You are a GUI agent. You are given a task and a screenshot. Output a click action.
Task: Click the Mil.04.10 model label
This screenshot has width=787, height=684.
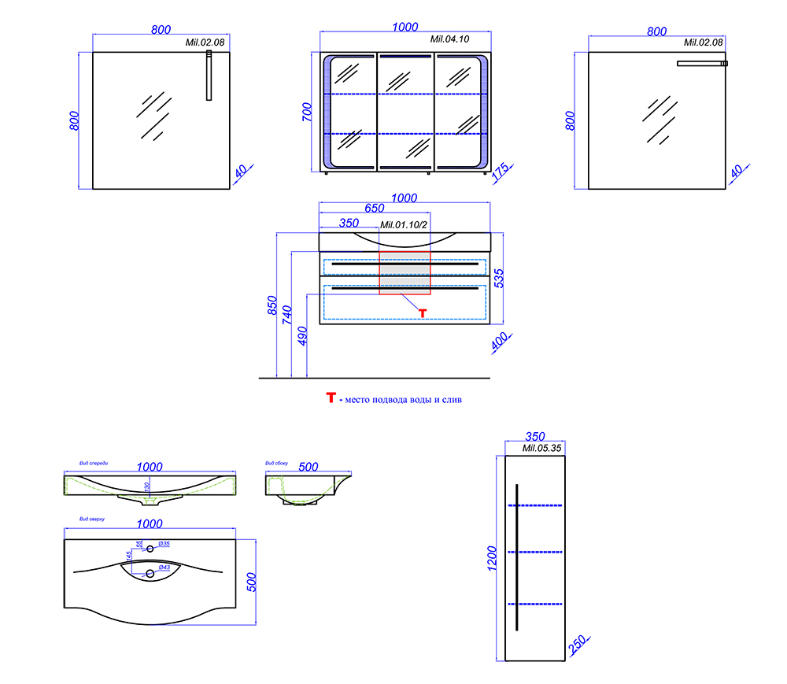(449, 39)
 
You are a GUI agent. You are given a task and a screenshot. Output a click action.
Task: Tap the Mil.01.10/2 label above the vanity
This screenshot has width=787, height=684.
(403, 225)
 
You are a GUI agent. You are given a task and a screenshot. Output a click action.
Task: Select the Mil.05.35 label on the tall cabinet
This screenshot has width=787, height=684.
(541, 448)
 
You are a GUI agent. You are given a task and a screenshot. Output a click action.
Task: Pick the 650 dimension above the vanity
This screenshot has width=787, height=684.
(375, 209)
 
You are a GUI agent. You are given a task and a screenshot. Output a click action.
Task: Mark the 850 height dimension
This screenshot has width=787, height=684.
(272, 305)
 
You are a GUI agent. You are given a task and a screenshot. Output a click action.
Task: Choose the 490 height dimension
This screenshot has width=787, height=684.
(303, 335)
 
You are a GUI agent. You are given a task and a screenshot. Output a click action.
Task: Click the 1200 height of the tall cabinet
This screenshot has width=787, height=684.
(493, 557)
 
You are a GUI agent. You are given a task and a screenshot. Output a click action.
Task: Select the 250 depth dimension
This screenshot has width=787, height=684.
(575, 647)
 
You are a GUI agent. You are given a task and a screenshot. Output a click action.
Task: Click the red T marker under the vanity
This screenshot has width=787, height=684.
(422, 313)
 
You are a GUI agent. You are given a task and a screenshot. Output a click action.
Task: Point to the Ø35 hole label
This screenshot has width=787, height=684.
(164, 544)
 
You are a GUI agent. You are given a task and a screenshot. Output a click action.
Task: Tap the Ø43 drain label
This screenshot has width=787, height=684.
(164, 568)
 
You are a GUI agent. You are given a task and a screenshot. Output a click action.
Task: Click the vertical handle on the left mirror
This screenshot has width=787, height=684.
(209, 76)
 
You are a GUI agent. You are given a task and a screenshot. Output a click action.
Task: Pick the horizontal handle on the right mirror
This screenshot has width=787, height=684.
(702, 63)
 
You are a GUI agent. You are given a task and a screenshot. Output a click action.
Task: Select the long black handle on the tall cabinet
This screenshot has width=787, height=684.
(516, 556)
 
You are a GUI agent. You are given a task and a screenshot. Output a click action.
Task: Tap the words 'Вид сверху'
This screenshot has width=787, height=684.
(93, 519)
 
